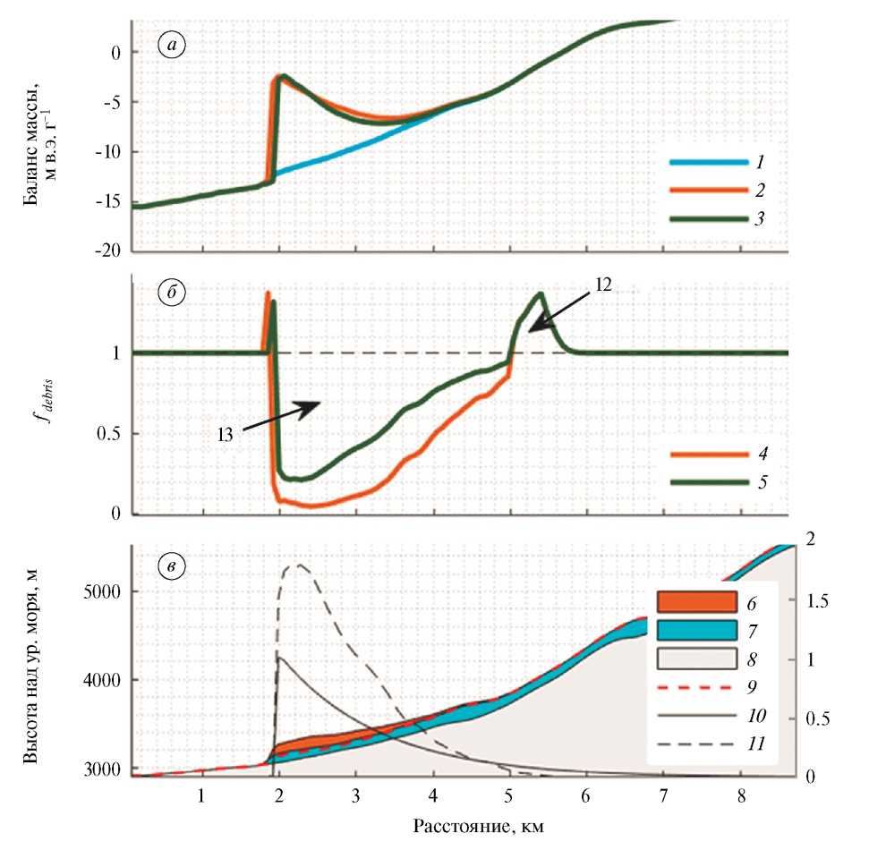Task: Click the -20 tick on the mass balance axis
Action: click(112, 251)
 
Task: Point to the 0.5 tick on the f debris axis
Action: click(110, 434)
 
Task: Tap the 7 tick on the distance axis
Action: click(663, 794)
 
